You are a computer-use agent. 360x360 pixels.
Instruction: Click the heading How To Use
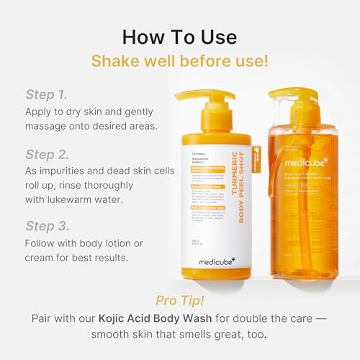click(x=179, y=36)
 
